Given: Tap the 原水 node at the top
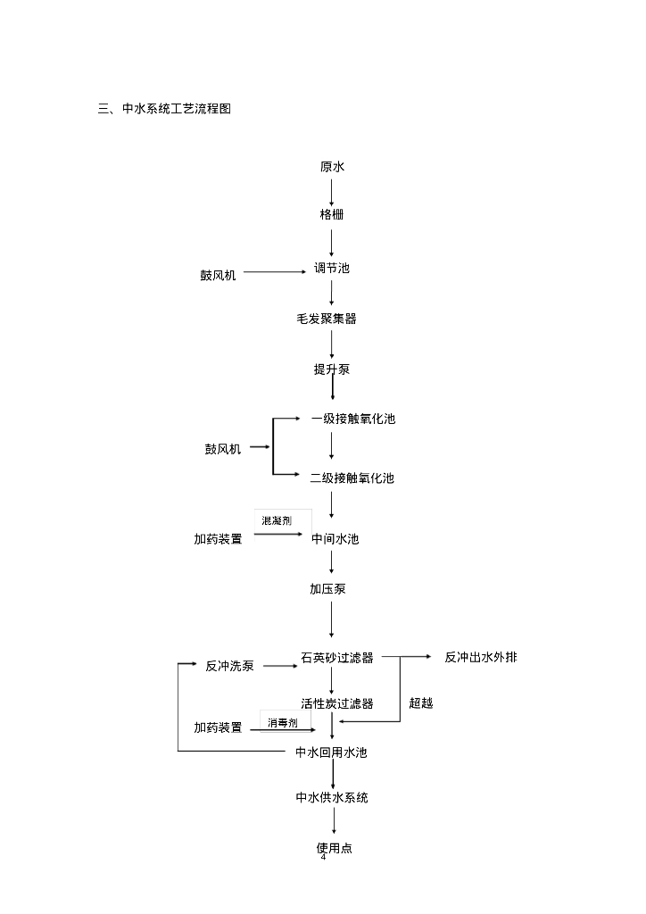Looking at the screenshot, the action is pos(332,167).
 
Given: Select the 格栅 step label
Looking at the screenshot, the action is pos(332,215).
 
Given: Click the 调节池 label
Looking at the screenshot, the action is pos(332,268).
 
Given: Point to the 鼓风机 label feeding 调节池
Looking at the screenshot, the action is pos(218,276).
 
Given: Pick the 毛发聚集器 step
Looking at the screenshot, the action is pos(327,319).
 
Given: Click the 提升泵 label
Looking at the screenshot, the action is pos(332,370).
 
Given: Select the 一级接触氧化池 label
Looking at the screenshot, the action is pos(352,420).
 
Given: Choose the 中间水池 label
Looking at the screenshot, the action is pos(335,539).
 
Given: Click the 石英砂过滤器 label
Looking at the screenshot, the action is pos(337,659).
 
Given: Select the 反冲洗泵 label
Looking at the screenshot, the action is pos(229,666).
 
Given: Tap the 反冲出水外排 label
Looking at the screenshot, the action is pos(480,658).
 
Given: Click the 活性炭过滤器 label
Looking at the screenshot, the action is pos(337,704).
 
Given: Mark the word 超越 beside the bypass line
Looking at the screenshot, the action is pos(421,703).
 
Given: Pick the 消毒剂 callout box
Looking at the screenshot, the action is pos(283,722).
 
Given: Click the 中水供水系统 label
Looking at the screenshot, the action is pos(332,798).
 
